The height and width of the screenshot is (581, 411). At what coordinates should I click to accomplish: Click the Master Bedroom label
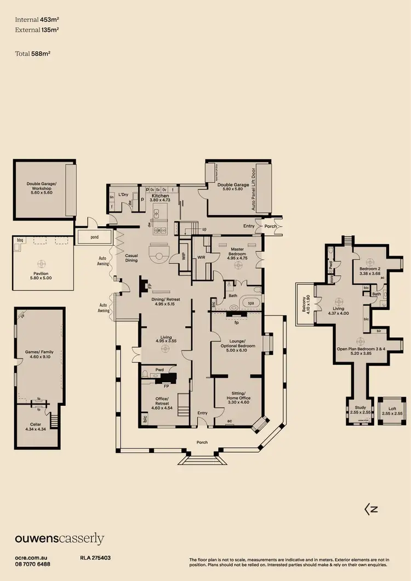click(237, 252)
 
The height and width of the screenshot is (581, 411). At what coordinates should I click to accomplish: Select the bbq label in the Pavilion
click(21, 240)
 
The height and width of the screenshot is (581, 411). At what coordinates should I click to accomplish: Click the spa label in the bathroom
click(251, 302)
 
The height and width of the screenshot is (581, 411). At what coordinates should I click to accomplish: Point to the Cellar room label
click(35, 426)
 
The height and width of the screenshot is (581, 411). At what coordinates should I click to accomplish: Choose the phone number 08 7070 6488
click(33, 564)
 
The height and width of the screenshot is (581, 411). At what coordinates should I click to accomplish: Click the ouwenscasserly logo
click(59, 539)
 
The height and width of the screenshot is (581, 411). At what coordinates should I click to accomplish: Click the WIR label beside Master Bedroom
click(201, 256)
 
